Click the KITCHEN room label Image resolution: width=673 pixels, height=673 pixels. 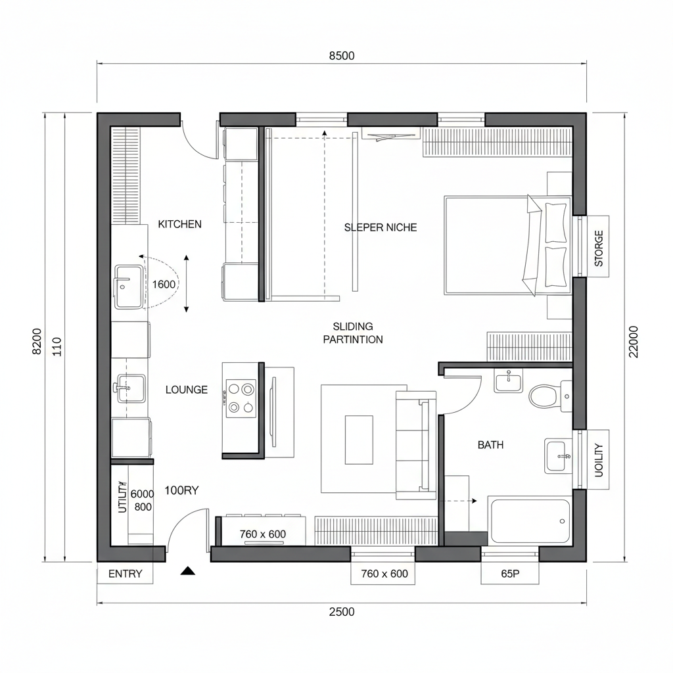(180, 224)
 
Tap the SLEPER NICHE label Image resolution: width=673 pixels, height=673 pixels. (381, 227)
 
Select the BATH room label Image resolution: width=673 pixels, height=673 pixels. (490, 445)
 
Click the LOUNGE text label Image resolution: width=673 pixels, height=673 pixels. (186, 390)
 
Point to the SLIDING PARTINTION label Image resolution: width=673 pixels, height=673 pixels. (353, 333)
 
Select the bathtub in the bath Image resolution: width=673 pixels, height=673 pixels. (530, 521)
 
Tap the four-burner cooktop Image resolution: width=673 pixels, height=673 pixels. (240, 398)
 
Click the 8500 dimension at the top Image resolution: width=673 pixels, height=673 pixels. (341, 56)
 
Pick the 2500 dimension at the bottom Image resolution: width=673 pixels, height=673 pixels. (341, 612)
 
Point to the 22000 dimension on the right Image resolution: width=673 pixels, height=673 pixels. (634, 342)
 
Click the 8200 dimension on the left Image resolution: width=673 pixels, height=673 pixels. (37, 342)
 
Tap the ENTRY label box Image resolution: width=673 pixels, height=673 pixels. (125, 574)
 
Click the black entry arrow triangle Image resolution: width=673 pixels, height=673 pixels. (189, 571)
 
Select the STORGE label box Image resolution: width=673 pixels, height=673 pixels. (598, 247)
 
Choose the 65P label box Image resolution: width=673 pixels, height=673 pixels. (510, 574)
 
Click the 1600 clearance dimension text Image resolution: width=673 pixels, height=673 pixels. (164, 285)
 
